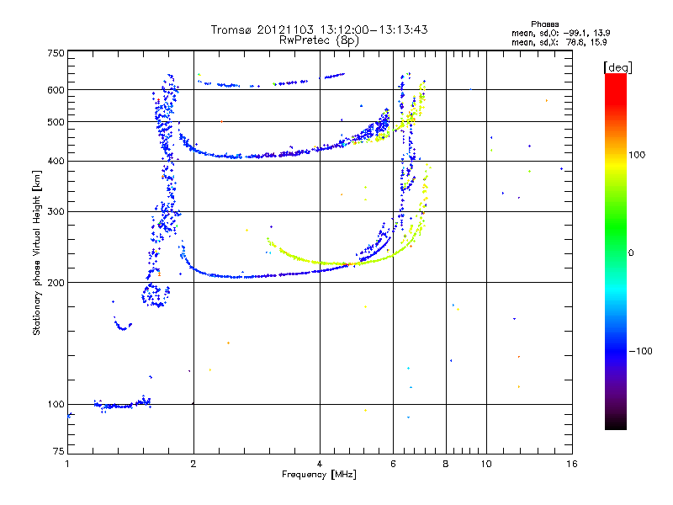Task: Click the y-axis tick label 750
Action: [x=56, y=53]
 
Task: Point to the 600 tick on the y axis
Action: [x=56, y=90]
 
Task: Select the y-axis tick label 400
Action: [x=56, y=162]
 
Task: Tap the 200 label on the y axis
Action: [x=56, y=282]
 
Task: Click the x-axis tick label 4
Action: [x=320, y=464]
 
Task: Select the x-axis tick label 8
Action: [x=446, y=464]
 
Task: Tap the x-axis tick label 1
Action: [x=67, y=464]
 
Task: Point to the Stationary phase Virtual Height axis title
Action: [x=37, y=252]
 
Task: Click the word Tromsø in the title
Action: [x=231, y=30]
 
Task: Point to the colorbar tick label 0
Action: [x=633, y=253]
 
